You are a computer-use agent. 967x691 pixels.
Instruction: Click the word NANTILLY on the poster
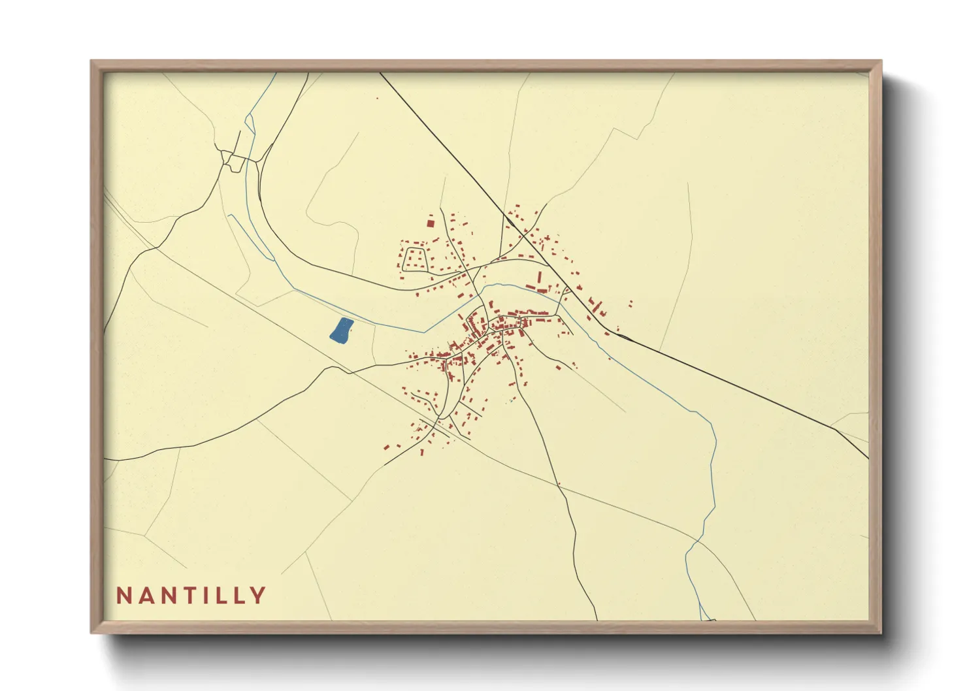coord(191,595)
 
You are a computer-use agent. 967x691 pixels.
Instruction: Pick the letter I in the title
coord(212,595)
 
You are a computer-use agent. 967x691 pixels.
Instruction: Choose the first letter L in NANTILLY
coord(226,595)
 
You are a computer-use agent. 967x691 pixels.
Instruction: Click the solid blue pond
coord(341,330)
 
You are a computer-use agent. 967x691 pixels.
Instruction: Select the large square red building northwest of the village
coord(431,223)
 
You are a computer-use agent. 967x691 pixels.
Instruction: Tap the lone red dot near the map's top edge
coord(377,99)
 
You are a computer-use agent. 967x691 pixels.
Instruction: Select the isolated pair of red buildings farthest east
coord(631,304)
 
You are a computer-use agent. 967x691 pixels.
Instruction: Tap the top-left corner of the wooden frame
coord(91,61)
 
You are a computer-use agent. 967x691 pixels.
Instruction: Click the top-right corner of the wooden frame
coord(881,61)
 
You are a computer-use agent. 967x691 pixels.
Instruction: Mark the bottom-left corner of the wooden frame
coord(91,632)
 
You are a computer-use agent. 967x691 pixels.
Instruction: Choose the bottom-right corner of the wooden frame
coord(881,632)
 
